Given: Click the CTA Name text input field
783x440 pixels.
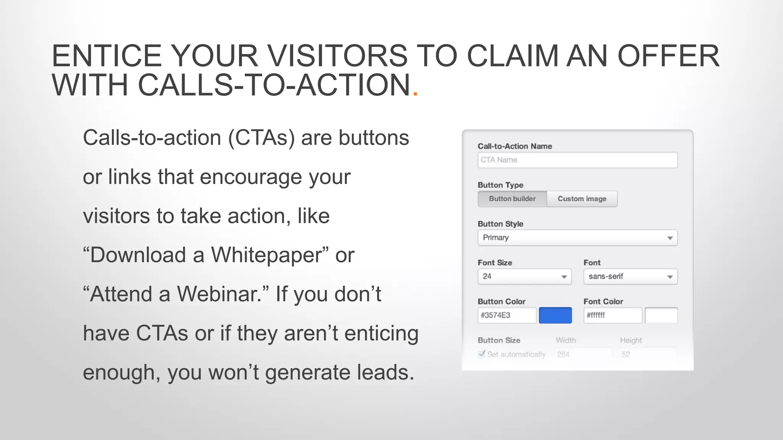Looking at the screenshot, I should [577, 160].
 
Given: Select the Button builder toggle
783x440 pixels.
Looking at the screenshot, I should [512, 199].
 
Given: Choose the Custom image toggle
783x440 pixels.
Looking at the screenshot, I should [582, 199].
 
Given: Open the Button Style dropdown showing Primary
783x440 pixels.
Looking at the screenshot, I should [577, 238].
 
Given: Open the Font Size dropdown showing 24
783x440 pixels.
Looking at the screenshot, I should [525, 277].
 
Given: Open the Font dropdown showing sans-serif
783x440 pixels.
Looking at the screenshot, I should [630, 277].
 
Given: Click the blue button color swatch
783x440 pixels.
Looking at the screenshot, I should [555, 315].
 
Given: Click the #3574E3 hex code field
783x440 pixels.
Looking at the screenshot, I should [507, 315].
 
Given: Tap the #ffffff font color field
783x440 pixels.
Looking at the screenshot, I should [613, 315].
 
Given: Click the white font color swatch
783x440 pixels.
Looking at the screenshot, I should [661, 315].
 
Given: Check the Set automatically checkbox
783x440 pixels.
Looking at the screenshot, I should [482, 354].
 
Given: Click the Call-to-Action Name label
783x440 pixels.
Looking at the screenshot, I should [515, 146].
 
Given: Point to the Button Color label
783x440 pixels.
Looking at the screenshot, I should [502, 302].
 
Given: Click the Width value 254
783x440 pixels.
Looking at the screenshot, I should [563, 354].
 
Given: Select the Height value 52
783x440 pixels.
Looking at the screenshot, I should [626, 354].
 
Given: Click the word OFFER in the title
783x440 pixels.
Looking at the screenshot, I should [669, 56].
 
